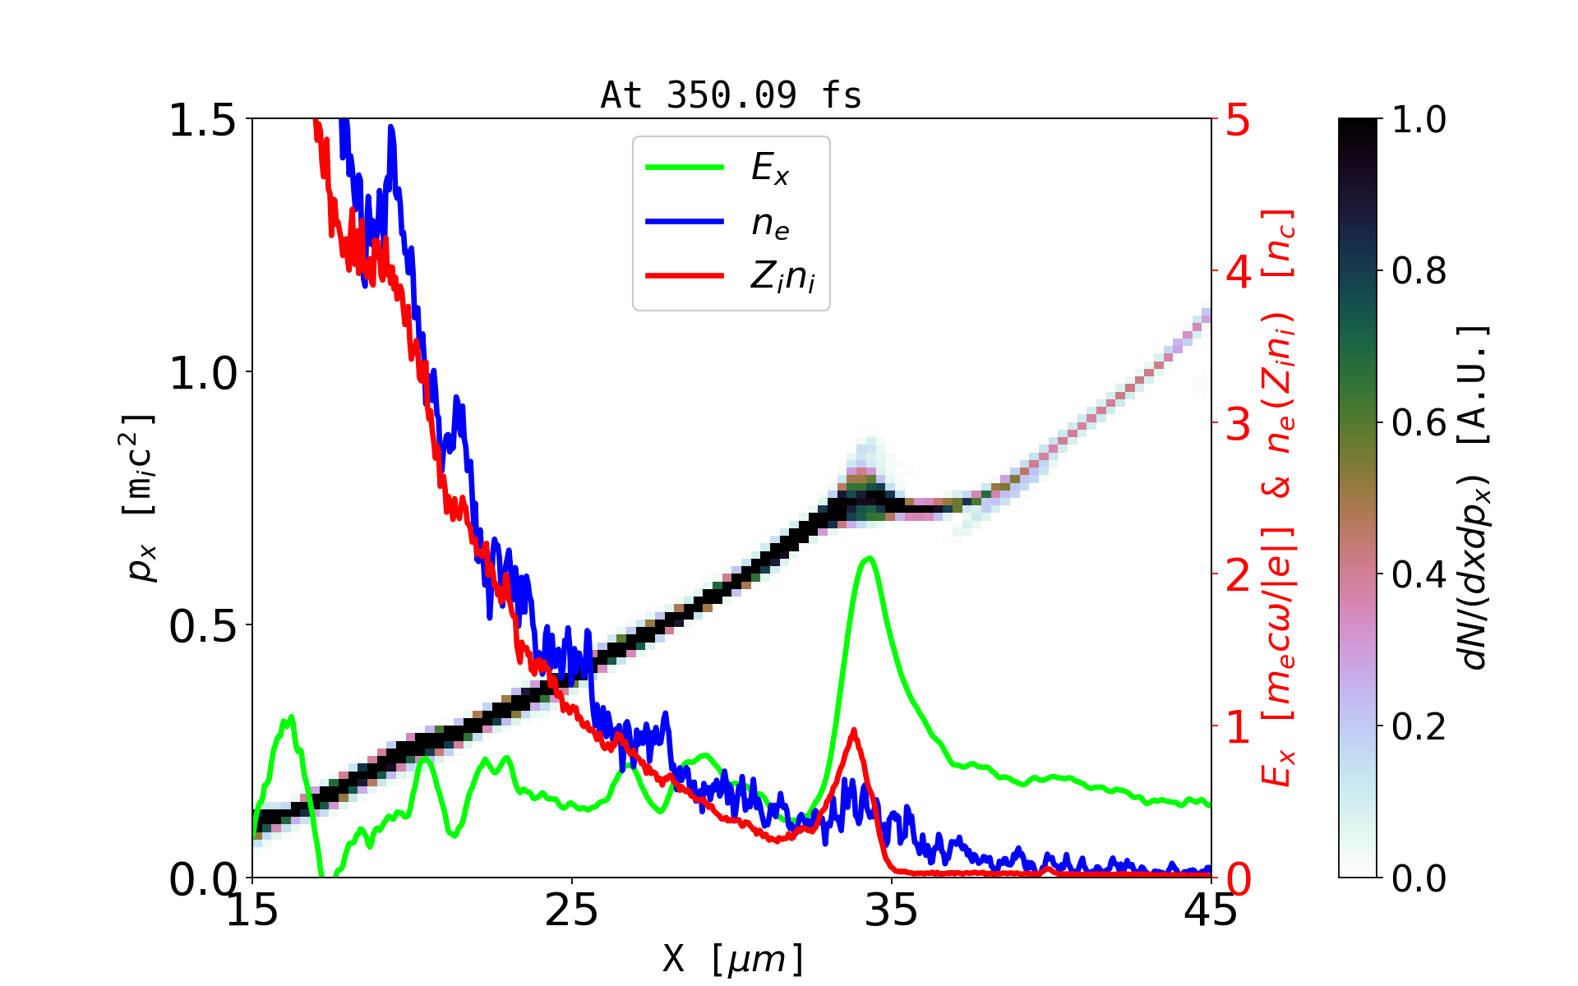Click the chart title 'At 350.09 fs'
(731, 95)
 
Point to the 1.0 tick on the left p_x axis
(202, 373)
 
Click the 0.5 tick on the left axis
(202, 626)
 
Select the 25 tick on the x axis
(572, 910)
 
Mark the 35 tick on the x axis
(892, 910)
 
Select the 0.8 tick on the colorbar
(1419, 270)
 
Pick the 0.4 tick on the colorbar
(1419, 574)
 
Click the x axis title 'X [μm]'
(733, 958)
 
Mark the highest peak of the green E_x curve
(869, 558)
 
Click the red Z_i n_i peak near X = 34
(854, 730)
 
